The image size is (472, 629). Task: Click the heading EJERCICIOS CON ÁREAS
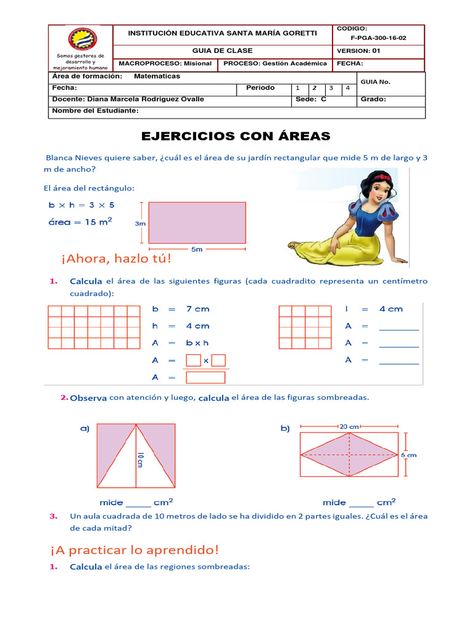click(x=236, y=136)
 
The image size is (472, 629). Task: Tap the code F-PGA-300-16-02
click(x=378, y=37)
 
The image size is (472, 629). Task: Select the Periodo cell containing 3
click(x=331, y=88)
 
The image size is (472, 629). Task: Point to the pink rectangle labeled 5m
click(x=197, y=222)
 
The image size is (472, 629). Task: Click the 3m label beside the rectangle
click(x=140, y=224)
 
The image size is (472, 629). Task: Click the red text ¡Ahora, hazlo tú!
click(x=116, y=259)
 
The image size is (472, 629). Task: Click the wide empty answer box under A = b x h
click(x=205, y=377)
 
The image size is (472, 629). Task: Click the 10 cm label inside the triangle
click(x=140, y=459)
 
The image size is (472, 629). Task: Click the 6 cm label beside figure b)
click(x=409, y=455)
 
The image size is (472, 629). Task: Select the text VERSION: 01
click(x=358, y=51)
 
